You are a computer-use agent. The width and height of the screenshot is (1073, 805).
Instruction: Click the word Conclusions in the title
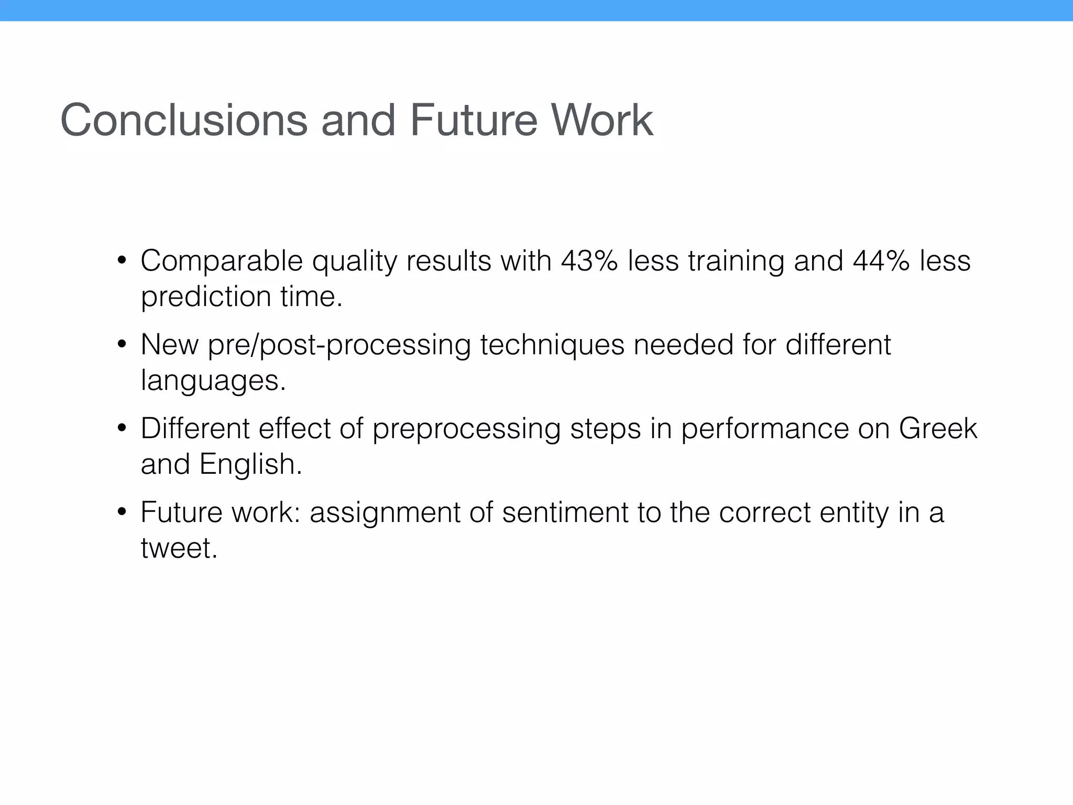[x=184, y=120]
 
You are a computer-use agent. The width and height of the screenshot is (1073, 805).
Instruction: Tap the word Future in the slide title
[x=474, y=120]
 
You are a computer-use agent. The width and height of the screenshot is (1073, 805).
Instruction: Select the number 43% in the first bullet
[x=589, y=260]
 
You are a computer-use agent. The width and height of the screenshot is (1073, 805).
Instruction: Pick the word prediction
[x=206, y=297]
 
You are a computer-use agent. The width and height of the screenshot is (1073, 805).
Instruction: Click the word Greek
[x=938, y=428]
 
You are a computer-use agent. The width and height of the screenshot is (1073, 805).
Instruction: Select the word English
[x=250, y=464]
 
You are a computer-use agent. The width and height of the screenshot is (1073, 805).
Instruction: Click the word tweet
[x=179, y=548]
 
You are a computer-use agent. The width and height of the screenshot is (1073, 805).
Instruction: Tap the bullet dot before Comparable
[x=122, y=260]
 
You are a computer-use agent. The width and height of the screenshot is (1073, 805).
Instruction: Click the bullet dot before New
[x=122, y=345]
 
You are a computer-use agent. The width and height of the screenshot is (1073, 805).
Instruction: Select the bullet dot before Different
[x=122, y=428]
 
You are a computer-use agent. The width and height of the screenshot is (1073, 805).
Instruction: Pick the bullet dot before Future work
[x=122, y=512]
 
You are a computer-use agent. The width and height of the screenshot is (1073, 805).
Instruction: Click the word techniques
[x=552, y=345]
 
